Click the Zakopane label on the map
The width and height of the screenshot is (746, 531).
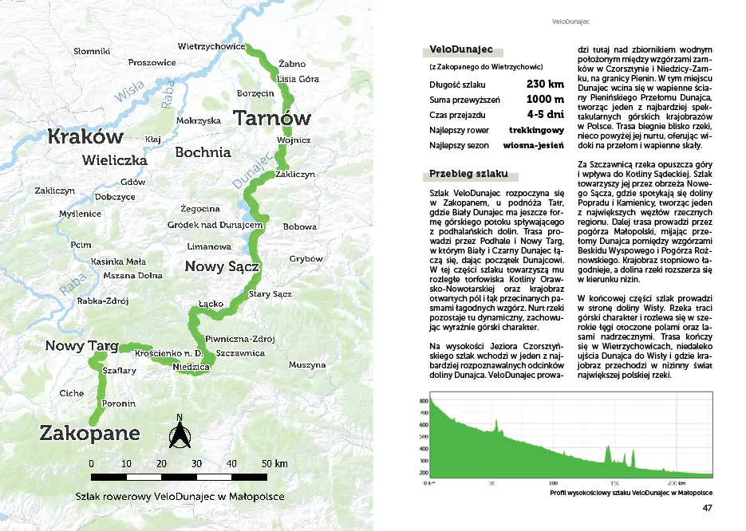point(89,434)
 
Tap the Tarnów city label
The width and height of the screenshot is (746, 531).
point(271,119)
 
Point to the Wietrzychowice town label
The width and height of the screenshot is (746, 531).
point(211,46)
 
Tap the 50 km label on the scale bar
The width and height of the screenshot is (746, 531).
point(275,463)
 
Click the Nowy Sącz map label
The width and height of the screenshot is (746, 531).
point(222,266)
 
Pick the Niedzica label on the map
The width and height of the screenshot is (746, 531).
point(191,367)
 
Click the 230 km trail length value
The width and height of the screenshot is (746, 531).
point(545,84)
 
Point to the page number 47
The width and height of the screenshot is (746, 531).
point(707,509)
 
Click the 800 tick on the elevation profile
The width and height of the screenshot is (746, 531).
point(423,401)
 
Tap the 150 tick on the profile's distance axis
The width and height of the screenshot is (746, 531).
point(614,483)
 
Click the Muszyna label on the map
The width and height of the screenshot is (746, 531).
point(307,365)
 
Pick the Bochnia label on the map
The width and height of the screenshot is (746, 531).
point(203,151)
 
